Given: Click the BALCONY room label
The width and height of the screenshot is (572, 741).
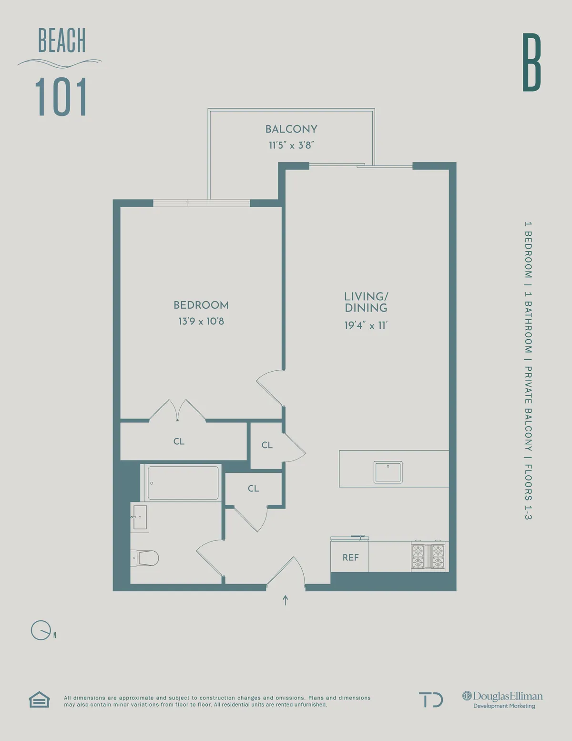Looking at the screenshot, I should tap(291, 129).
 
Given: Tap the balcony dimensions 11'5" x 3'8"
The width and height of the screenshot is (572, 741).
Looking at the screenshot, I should tap(291, 145).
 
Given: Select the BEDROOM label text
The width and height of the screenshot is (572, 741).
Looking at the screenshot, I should tap(201, 305).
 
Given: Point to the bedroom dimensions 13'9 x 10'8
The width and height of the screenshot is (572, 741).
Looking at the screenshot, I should tap(201, 321).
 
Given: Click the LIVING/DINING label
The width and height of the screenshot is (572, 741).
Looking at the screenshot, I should tap(366, 302).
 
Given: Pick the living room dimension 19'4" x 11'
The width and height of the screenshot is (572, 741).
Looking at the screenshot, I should tap(366, 325).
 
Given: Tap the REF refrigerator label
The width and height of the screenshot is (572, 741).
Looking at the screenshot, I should tap(350, 557).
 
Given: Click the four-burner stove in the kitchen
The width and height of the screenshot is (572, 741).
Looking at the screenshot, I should tap(428, 556).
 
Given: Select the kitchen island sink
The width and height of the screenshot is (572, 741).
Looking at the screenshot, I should tap(388, 472).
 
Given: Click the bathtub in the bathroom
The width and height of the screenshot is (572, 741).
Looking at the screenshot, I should tap(183, 483).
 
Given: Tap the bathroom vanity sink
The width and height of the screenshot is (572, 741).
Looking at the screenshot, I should tap(140, 517).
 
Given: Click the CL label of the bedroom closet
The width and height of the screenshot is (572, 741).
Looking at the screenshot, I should tap(179, 441).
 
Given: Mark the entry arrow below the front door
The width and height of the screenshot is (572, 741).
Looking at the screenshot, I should tap(286, 600).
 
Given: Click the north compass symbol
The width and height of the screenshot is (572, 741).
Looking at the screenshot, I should tap(41, 630).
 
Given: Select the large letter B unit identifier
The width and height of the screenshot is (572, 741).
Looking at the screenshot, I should tap(531, 63).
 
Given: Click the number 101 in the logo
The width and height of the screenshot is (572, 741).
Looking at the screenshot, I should tap(61, 97).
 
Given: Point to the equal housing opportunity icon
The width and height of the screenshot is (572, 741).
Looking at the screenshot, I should tap(39, 699).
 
